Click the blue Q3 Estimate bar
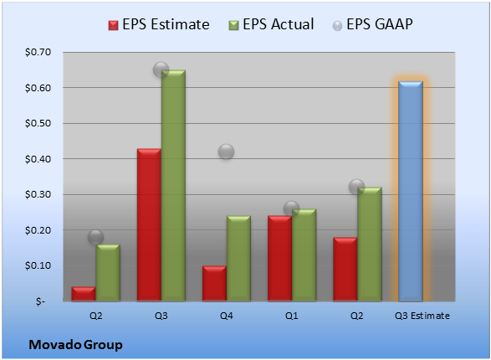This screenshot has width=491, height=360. pyautogui.click(x=411, y=191)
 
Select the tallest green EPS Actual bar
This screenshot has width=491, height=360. pyautogui.click(x=173, y=186)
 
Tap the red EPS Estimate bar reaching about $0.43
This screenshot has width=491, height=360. pyautogui.click(x=149, y=224)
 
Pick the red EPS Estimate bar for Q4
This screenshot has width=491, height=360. pyautogui.click(x=214, y=284)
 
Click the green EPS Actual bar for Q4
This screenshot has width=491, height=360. pyautogui.click(x=238, y=259)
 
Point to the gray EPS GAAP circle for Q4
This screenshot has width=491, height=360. pyautogui.click(x=226, y=152)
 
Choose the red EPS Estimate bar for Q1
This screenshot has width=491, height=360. pyautogui.click(x=280, y=259)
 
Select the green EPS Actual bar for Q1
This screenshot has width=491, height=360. pyautogui.click(x=304, y=255)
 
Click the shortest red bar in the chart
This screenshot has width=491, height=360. pyautogui.click(x=84, y=294)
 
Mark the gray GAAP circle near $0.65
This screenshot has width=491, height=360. pyautogui.click(x=161, y=69)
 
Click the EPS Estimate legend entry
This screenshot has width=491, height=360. pyautogui.click(x=159, y=24)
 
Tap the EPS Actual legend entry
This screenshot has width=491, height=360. pyautogui.click(x=272, y=24)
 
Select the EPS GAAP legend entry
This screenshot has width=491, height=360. pyautogui.click(x=372, y=24)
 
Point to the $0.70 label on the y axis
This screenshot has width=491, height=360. pyautogui.click(x=38, y=52)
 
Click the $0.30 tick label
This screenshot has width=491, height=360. pyautogui.click(x=38, y=194)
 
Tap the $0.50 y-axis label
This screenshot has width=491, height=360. pyautogui.click(x=38, y=123)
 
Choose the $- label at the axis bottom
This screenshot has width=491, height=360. pyautogui.click(x=40, y=301)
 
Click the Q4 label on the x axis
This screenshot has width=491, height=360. pyautogui.click(x=227, y=316)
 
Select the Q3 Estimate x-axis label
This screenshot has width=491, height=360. pyautogui.click(x=422, y=316)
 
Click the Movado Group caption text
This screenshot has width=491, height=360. pyautogui.click(x=75, y=345)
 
